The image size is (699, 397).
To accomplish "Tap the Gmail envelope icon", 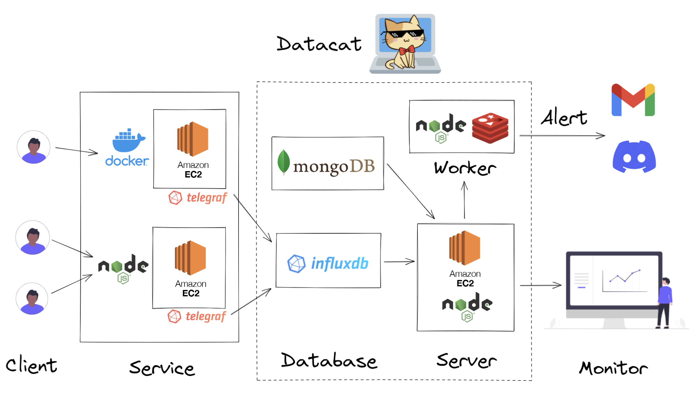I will (633, 100).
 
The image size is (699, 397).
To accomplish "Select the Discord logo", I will (634, 157).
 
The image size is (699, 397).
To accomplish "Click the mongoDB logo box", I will (327, 163).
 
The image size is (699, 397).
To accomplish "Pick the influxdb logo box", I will (328, 261).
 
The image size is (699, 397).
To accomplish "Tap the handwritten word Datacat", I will (319, 44).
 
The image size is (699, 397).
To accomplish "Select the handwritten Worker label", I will (465, 168).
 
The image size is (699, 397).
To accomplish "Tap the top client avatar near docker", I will (33, 147).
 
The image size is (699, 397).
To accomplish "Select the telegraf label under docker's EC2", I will (198, 198).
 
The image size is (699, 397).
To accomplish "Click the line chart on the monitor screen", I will (624, 280).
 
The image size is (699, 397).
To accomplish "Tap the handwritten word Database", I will (329, 361).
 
